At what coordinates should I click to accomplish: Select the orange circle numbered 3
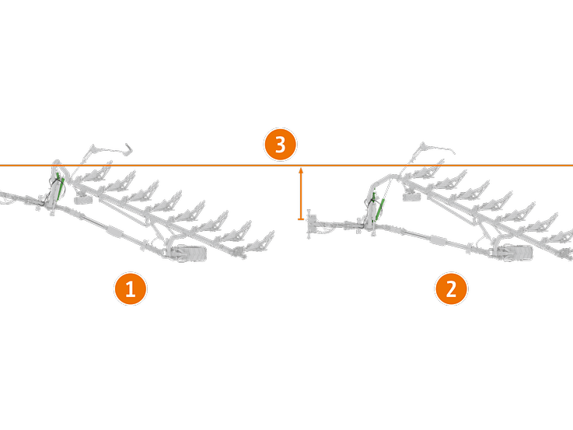[280, 145]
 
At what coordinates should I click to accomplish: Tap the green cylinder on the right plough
[381, 205]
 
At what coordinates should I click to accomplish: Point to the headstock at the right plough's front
[314, 225]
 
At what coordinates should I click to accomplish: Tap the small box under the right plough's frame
[411, 195]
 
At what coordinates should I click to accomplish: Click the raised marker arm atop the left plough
[109, 147]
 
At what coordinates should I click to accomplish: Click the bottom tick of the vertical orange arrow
[300, 220]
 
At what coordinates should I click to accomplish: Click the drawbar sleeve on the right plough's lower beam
[437, 239]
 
